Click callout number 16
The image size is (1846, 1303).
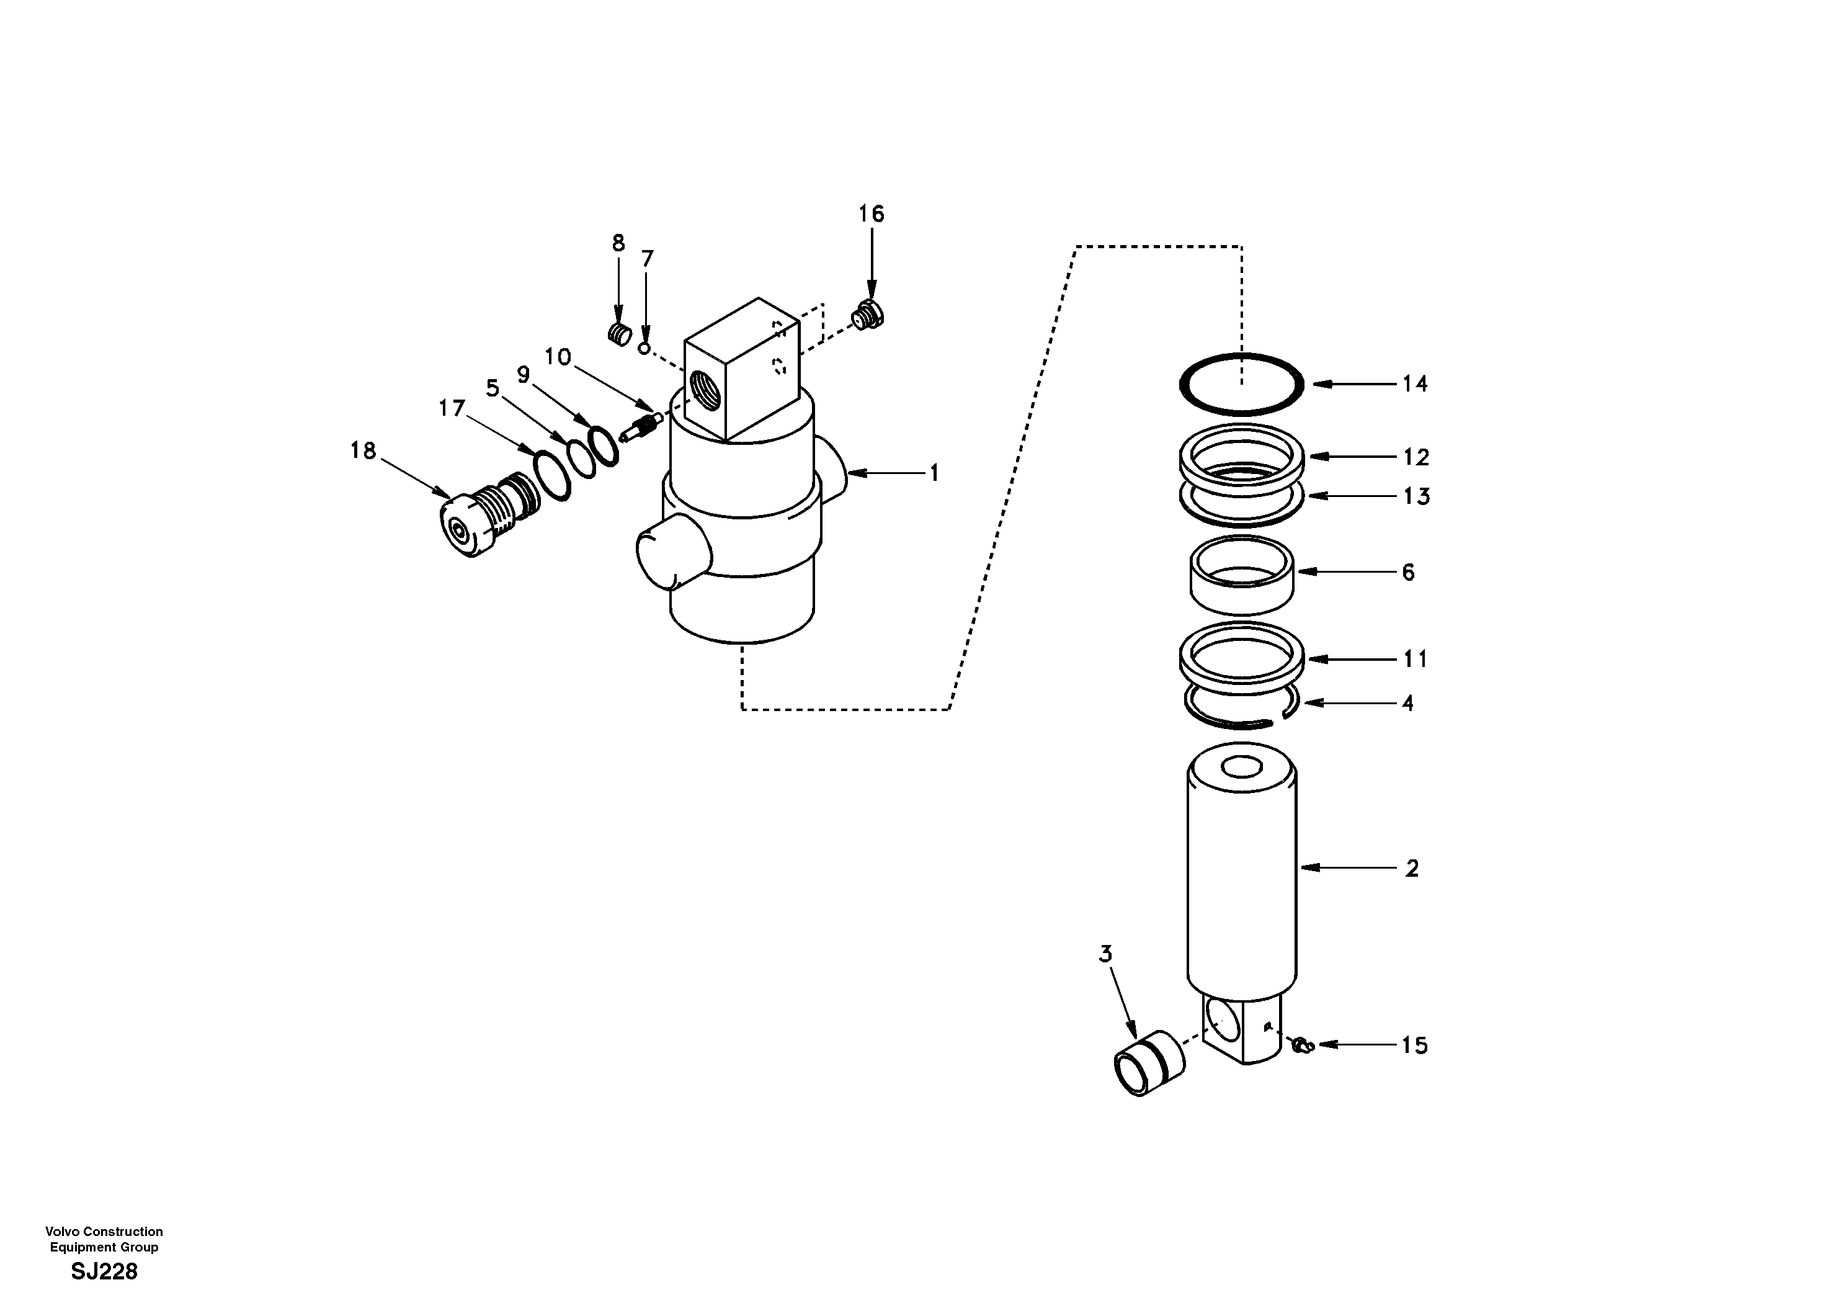coord(871,214)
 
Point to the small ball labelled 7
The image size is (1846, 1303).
coord(643,348)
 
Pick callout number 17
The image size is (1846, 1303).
coord(451,409)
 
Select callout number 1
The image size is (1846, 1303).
coord(934,474)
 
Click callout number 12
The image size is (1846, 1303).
coord(1416,457)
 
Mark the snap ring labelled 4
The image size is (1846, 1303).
coord(1242,714)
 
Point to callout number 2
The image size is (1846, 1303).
coord(1412,868)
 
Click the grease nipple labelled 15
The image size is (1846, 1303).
coord(1301,1046)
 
